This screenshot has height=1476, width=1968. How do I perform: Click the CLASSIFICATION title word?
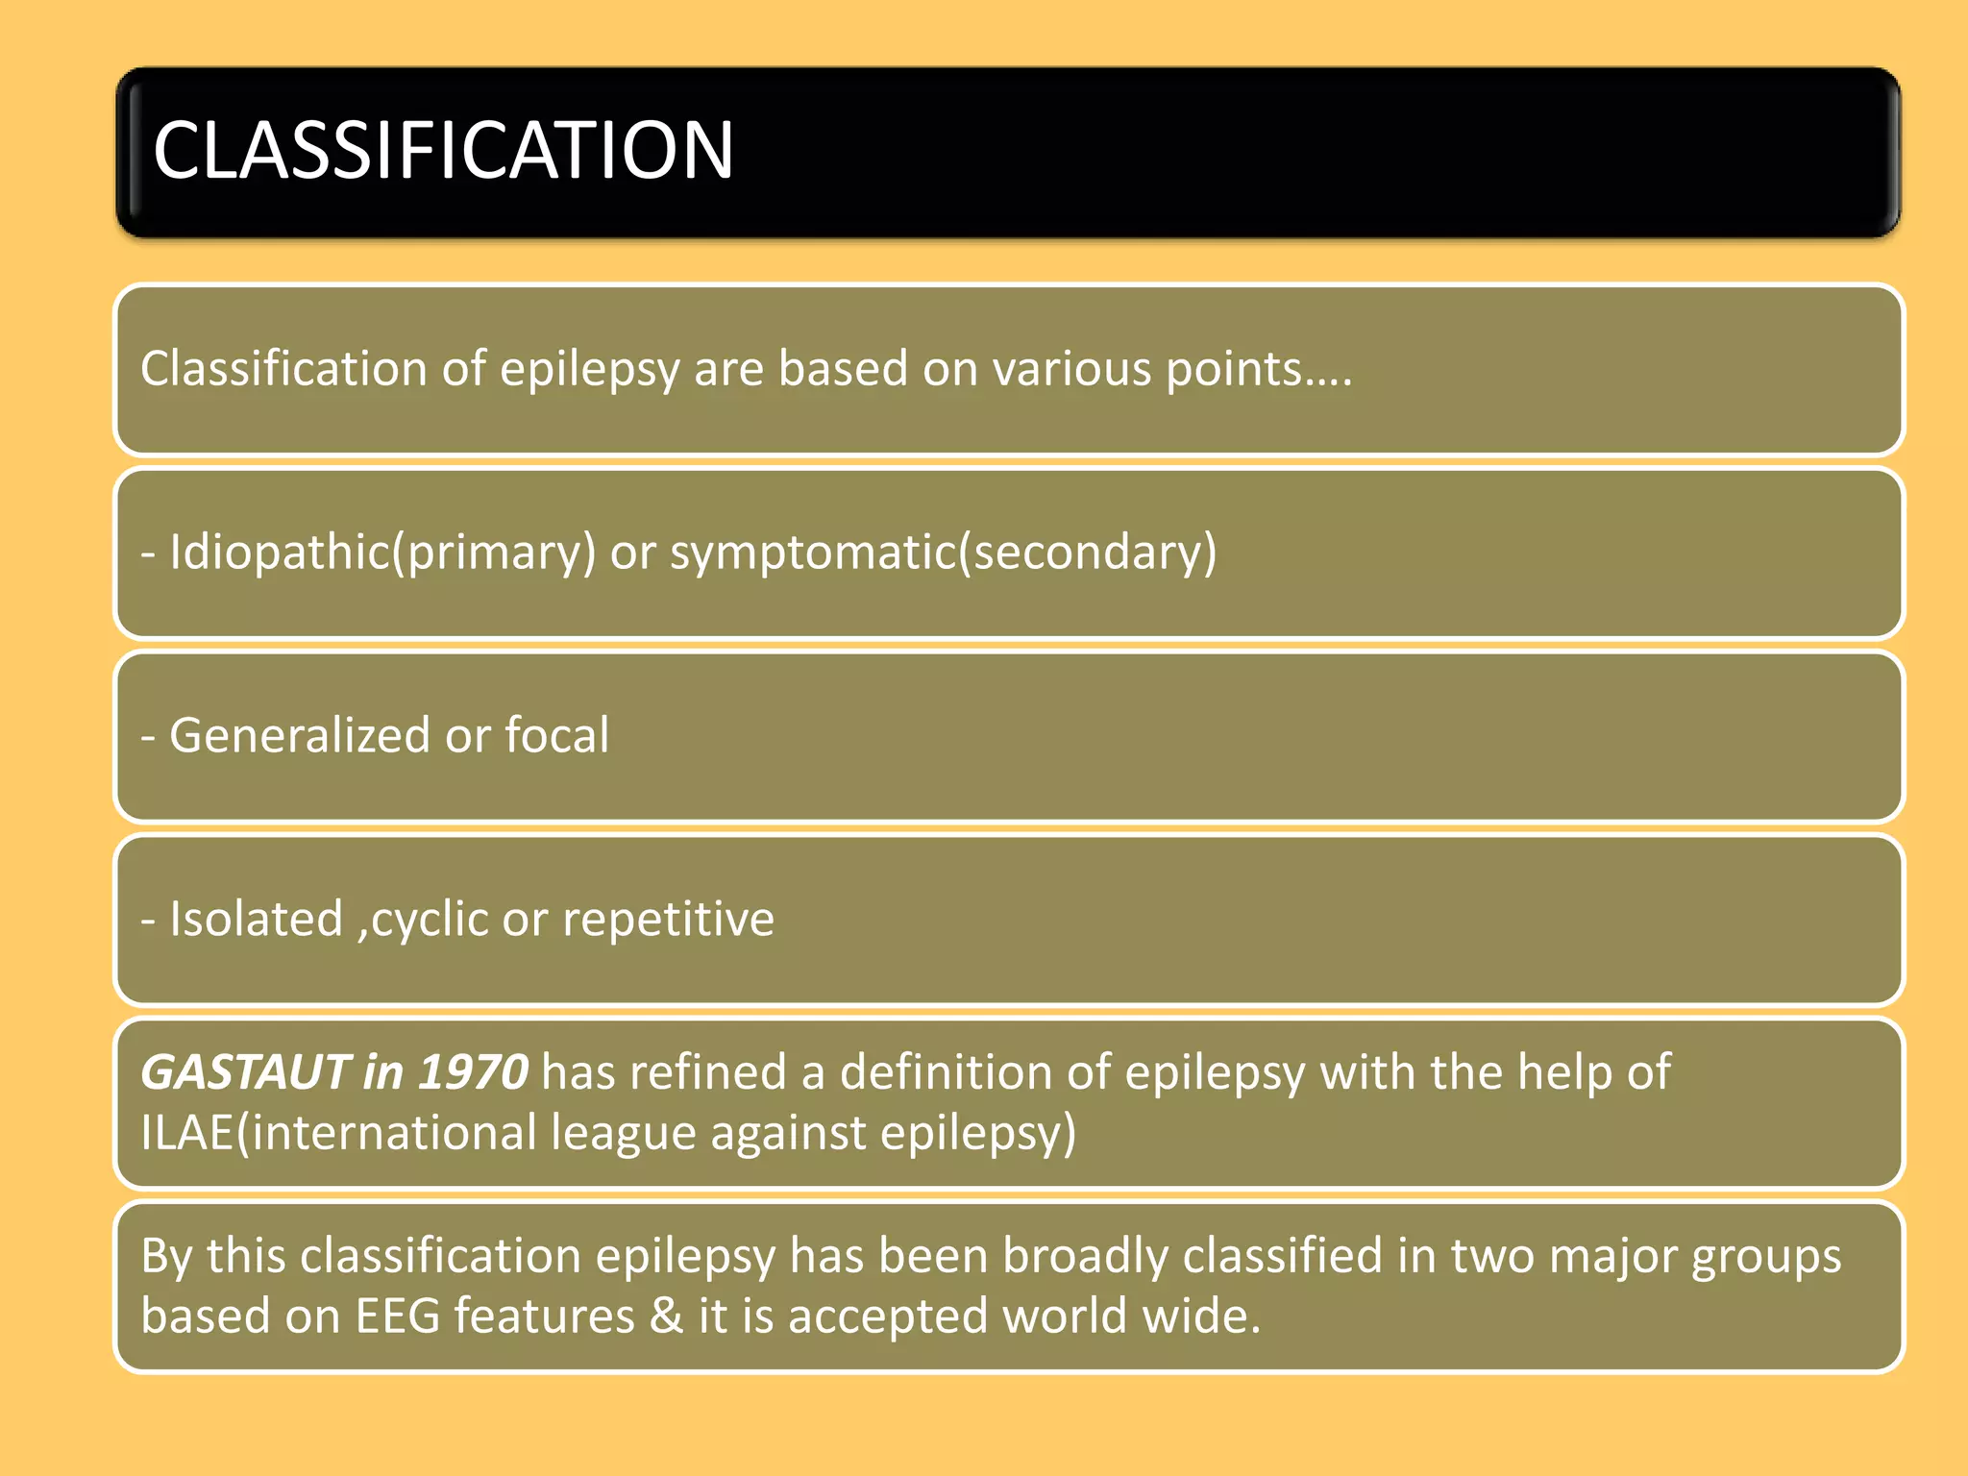(443, 151)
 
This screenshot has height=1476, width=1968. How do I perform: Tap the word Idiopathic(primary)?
(382, 553)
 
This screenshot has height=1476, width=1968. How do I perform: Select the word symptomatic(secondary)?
(943, 553)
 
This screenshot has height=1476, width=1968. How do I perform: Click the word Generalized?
(299, 736)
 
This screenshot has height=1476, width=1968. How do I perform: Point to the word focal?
(556, 736)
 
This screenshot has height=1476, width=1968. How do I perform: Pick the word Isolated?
(256, 920)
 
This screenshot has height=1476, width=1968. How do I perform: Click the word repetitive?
(668, 920)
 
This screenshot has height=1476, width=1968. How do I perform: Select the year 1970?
(473, 1072)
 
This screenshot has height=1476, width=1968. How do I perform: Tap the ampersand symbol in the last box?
(666, 1316)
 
